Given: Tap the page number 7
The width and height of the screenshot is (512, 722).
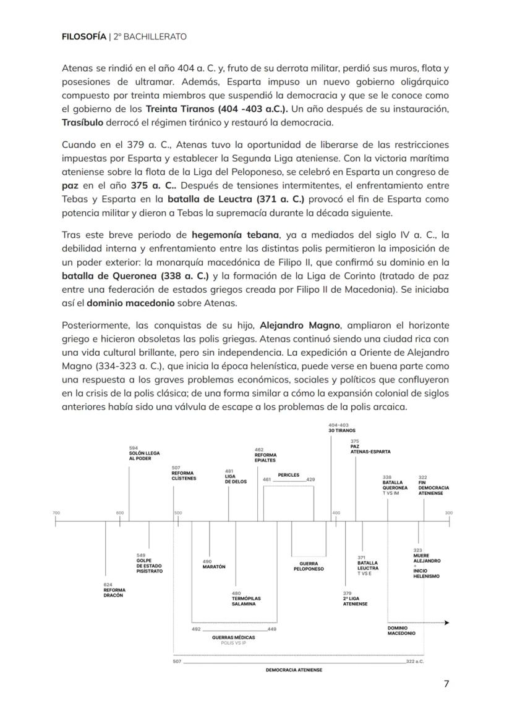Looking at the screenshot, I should pos(446,684).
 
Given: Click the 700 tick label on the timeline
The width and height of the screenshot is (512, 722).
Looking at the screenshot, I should pos(56,513).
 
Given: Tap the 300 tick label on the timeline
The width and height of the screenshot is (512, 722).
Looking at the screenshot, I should pos(448,513).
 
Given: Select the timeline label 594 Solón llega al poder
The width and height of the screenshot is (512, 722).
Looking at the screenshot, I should pos(144,453).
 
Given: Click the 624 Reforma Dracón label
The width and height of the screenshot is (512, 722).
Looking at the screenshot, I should pos(114,590).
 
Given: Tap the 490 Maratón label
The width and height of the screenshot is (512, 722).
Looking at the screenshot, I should pos(214,564).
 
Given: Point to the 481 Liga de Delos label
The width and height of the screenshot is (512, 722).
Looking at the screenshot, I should pos(236,476).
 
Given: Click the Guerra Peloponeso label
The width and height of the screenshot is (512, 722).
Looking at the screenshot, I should pos(309,566).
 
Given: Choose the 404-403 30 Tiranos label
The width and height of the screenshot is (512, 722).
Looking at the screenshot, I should pos(341,427).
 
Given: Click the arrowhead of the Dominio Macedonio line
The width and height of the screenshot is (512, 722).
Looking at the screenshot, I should pos(446,623).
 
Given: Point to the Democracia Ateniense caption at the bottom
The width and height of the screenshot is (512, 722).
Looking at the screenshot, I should pos(294,670).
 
